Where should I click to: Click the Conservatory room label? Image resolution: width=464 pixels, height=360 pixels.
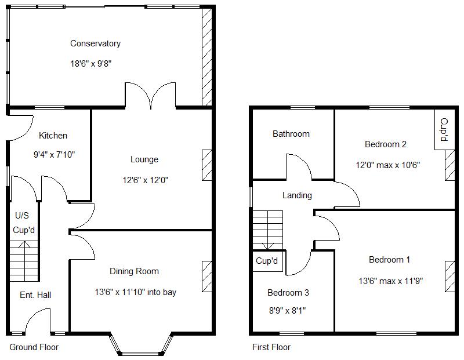tap(95, 43)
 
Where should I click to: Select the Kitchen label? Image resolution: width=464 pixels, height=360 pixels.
tap(53, 136)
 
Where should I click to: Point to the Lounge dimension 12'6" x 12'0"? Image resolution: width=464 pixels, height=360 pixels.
tap(144, 180)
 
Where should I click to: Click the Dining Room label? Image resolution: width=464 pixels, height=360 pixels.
tap(134, 271)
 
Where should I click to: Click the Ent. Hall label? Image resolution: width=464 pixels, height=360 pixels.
tap(35, 295)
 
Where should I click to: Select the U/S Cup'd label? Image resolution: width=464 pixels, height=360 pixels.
tap(24, 223)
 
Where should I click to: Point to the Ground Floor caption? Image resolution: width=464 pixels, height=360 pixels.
tap(34, 347)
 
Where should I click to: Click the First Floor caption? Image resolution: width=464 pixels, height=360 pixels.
tap(271, 347)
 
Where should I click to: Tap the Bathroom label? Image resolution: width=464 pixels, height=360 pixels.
tap(291, 134)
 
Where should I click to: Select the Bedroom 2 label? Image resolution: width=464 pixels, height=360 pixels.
tap(385, 144)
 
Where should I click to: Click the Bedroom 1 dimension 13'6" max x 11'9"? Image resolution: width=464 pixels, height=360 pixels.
tap(390, 281)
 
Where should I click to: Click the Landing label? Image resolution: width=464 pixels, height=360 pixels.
tap(297, 195)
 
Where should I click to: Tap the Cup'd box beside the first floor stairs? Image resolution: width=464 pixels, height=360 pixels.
tap(267, 261)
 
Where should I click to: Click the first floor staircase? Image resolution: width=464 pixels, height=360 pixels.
tap(267, 230)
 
